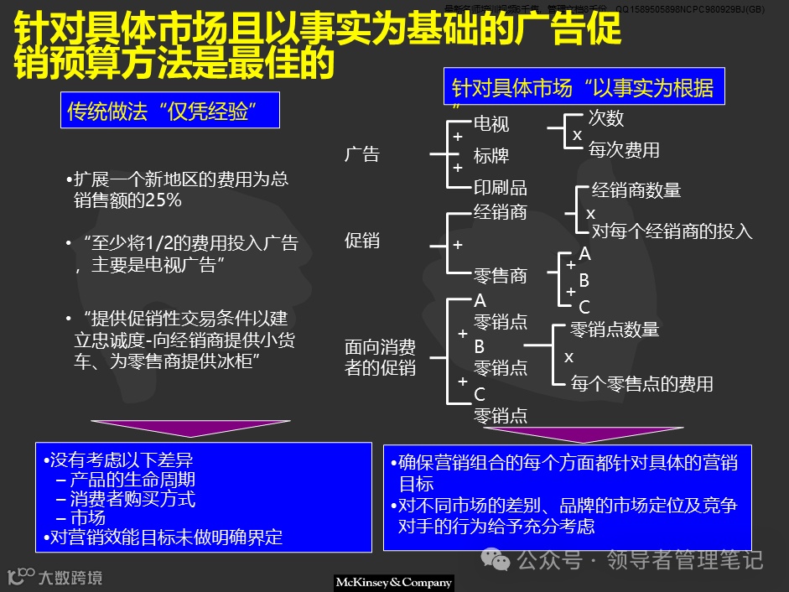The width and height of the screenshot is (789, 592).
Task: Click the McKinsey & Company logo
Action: tap(393, 582)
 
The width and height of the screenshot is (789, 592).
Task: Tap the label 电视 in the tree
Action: tap(491, 125)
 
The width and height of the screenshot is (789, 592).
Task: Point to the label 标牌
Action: tap(491, 156)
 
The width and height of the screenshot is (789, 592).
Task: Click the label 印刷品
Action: tap(501, 187)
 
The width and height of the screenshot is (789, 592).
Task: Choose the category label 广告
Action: tap(362, 154)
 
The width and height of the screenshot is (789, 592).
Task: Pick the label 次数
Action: tap(605, 118)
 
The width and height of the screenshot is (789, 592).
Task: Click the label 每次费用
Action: tap(624, 150)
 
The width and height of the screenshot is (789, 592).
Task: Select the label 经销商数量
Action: tap(636, 190)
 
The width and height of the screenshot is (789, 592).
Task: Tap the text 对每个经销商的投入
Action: tap(672, 231)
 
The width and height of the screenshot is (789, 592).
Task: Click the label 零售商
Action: tap(501, 276)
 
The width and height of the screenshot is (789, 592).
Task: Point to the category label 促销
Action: tap(362, 241)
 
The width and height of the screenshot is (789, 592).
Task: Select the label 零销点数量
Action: tap(615, 330)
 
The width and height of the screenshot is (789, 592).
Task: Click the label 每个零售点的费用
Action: tap(642, 384)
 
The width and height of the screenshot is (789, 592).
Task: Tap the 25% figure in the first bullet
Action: tap(164, 200)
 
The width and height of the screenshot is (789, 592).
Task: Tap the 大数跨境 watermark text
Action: tap(70, 577)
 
